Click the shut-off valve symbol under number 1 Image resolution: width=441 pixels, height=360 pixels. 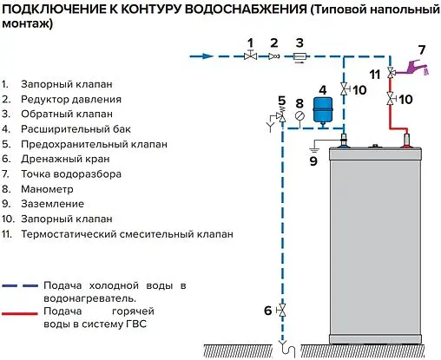click(x=250, y=56)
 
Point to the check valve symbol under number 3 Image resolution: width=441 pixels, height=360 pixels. click(x=298, y=57)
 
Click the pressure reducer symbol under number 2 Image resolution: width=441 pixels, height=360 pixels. click(x=272, y=56)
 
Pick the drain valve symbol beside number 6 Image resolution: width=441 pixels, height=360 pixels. click(x=280, y=311)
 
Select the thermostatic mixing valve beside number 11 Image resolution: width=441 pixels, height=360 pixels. click(x=390, y=72)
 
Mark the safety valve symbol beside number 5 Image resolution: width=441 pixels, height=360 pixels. click(x=280, y=118)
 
